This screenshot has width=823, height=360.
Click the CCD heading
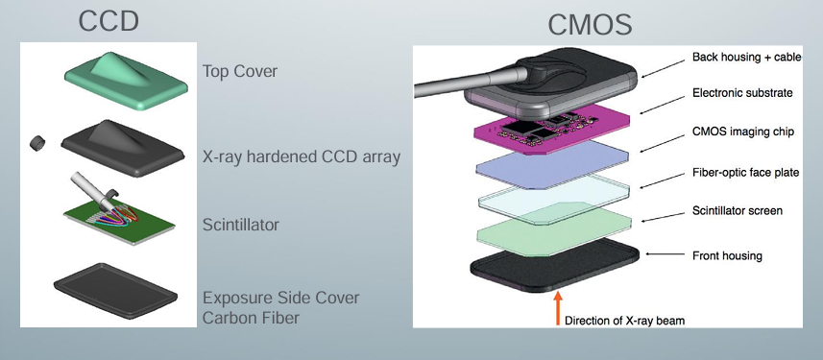[109, 21]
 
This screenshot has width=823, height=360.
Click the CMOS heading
[590, 25]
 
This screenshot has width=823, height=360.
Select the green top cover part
[126, 82]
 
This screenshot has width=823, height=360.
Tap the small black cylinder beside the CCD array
[37, 143]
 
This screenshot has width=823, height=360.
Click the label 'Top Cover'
[240, 71]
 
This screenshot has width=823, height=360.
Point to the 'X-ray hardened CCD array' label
[302, 156]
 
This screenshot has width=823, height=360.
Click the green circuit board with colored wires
[119, 219]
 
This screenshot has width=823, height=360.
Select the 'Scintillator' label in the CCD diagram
[241, 226]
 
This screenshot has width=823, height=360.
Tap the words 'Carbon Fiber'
[251, 318]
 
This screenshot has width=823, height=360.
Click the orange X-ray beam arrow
[558, 308]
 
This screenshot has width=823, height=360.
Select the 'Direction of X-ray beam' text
[624, 320]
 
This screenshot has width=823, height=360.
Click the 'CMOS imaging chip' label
[743, 132]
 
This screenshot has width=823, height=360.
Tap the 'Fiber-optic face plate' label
[745, 173]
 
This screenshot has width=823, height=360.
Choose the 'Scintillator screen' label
[738, 211]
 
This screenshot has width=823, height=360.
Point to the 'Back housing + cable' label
[747, 57]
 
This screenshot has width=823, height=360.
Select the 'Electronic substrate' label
[742, 93]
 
